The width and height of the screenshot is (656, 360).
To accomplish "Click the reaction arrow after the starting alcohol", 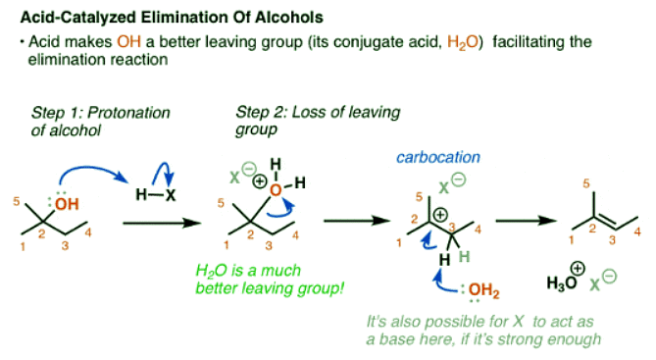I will pos(156,224).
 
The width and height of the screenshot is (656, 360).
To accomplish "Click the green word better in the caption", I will pos(249,288).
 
